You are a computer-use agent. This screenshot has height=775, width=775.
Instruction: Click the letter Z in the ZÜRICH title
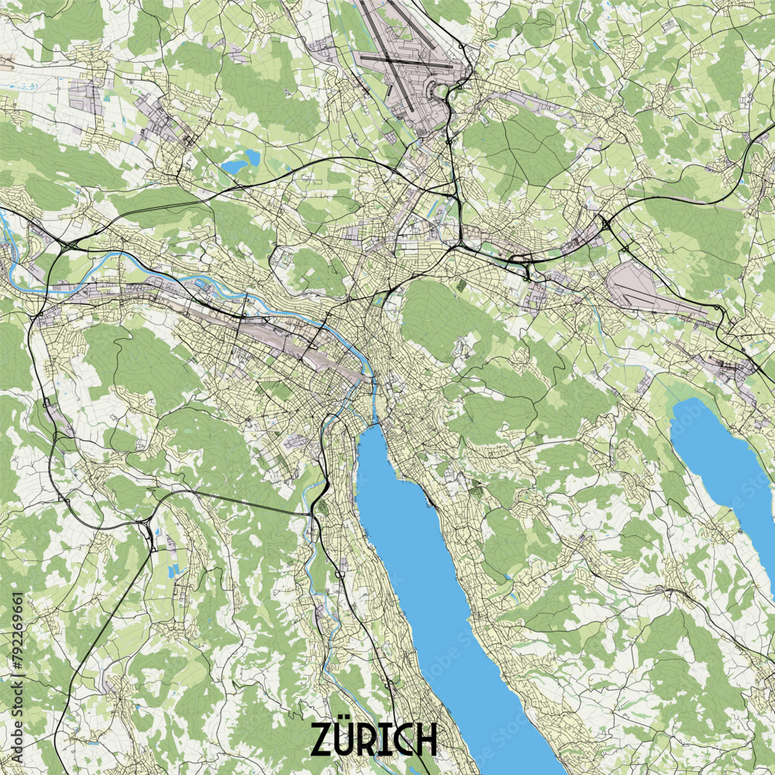click(324, 739)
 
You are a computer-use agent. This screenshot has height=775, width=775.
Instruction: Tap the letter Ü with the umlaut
click(349, 739)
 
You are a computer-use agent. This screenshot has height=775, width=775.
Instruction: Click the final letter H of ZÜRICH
click(425, 739)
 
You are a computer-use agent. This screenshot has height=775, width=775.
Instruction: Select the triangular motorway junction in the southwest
click(147, 530)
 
